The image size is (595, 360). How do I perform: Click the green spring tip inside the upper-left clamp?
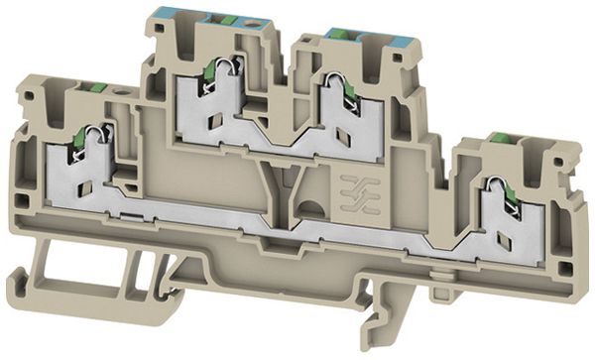coord(209,72)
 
